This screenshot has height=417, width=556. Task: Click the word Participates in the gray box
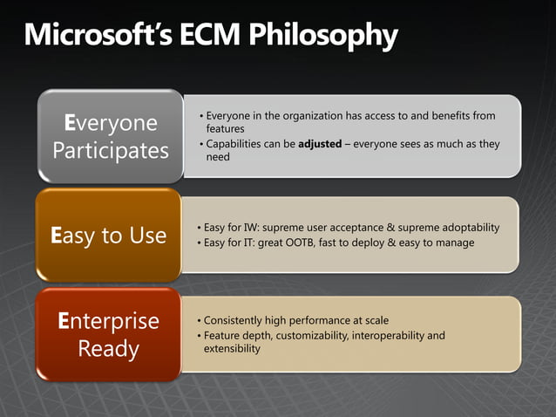(x=111, y=150)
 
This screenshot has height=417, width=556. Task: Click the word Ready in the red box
(x=108, y=349)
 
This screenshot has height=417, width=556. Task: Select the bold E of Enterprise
(x=64, y=321)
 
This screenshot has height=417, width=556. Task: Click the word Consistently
(x=238, y=320)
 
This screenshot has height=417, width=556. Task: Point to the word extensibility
(x=232, y=348)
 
